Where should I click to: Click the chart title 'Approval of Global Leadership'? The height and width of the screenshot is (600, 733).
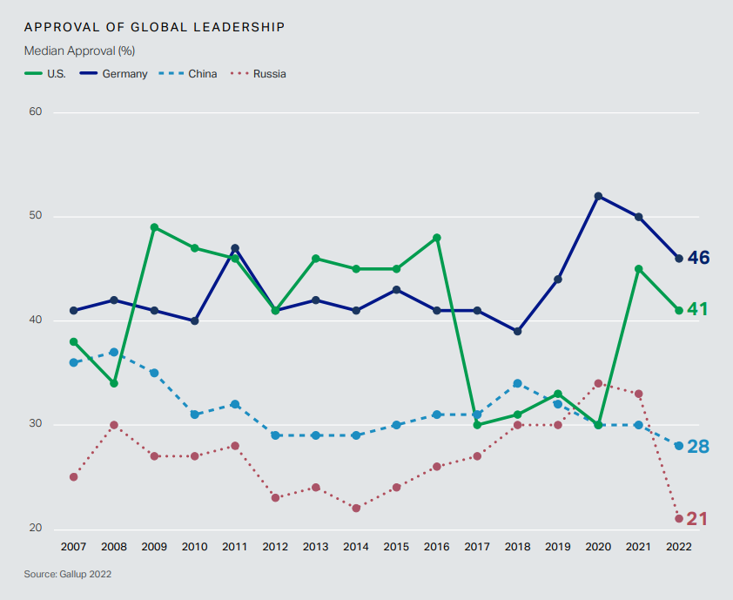[x=154, y=27]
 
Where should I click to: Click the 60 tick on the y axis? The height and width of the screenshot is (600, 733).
[x=35, y=112]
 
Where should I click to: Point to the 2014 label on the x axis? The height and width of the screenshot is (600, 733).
[x=356, y=546]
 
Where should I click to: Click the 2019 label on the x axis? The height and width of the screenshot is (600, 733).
[x=558, y=546]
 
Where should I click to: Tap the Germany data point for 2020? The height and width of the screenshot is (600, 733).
[x=598, y=196]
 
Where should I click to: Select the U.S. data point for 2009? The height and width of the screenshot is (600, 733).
[x=154, y=227]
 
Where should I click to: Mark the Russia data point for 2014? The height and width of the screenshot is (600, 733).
[x=356, y=509]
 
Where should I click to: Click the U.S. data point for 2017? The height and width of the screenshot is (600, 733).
[x=477, y=425]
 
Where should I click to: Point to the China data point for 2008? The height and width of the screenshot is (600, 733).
[x=114, y=352]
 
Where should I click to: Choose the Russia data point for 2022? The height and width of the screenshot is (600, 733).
[x=679, y=519]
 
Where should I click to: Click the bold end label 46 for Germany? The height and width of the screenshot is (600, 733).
[x=698, y=258]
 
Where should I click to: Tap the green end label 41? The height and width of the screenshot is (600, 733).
[x=698, y=310]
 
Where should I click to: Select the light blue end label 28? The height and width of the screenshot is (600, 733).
[x=698, y=447]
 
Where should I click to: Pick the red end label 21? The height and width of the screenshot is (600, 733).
[x=697, y=520]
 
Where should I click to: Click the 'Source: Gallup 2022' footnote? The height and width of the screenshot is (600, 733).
[x=67, y=575]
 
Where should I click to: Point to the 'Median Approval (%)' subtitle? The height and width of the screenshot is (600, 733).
[x=79, y=51]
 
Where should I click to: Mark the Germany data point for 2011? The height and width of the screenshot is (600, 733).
[x=235, y=248]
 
